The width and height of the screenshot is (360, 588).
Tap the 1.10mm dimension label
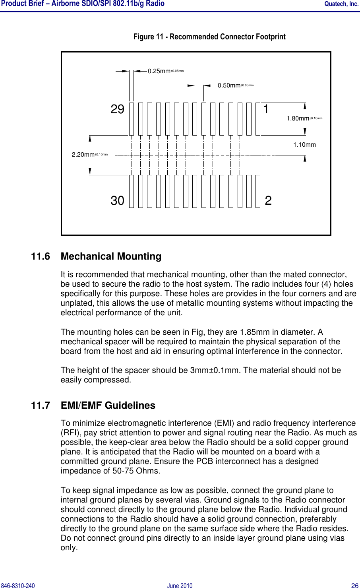[x=304, y=145]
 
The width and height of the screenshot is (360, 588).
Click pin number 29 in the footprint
[x=117, y=109]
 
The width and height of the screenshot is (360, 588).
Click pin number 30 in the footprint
[x=117, y=201]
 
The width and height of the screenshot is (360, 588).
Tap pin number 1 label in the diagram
[x=266, y=109]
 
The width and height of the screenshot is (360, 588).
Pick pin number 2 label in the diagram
[x=268, y=201]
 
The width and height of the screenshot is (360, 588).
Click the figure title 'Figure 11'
[x=209, y=37]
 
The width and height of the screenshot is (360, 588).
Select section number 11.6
[x=41, y=256]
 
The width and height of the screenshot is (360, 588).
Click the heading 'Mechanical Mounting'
[x=111, y=256]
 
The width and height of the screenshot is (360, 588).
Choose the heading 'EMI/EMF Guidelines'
[x=108, y=406]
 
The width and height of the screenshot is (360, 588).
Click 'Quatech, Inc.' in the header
[x=341, y=4]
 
